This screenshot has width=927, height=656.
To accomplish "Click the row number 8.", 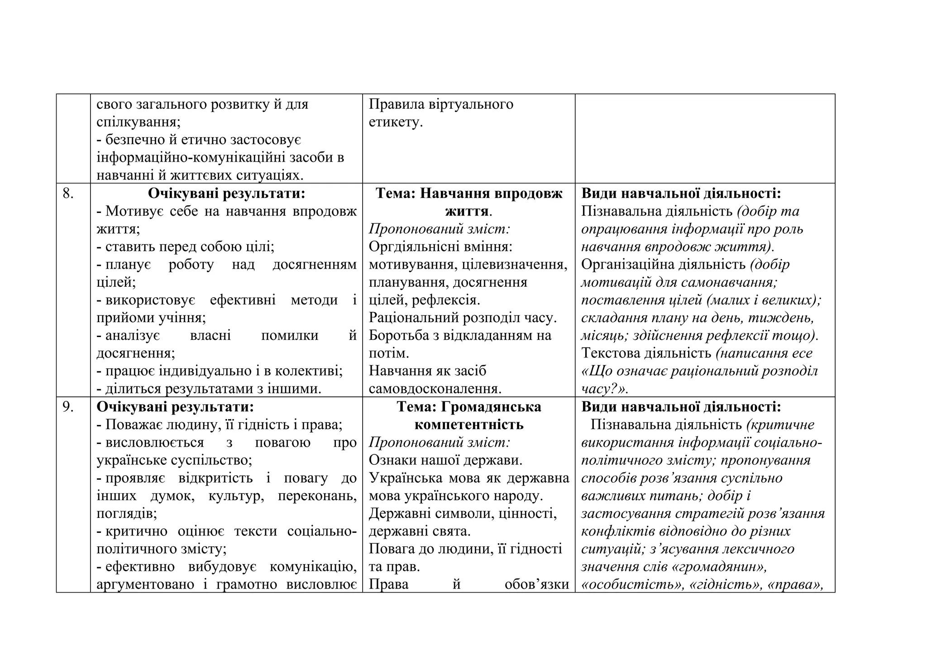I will point(68,194).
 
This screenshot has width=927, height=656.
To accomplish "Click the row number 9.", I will point(68,407).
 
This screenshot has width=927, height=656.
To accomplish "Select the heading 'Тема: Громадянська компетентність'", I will point(469,416).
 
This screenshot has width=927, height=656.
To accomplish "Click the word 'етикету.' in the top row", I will point(396,122).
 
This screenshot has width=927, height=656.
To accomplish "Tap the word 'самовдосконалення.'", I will point(435,389).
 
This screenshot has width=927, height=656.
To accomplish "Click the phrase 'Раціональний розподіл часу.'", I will point(463,318).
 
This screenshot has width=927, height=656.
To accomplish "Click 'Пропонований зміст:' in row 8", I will point(440,229).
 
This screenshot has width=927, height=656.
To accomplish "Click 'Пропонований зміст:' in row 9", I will point(440,442).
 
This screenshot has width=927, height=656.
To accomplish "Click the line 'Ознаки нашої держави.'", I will point(445,460).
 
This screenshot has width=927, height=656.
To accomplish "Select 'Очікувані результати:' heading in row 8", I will point(226,194).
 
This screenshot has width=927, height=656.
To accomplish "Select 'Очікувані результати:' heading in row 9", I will point(175,407).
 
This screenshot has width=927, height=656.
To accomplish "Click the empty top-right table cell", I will point(705,139).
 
